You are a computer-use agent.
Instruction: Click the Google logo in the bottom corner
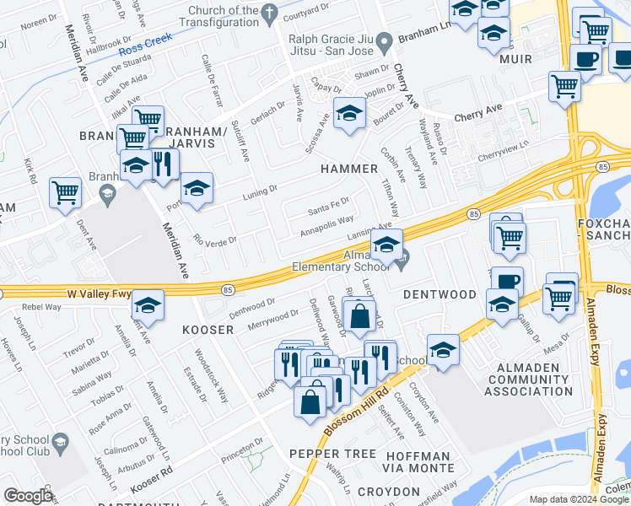(28, 496)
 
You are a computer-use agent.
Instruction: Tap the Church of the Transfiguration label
(212, 17)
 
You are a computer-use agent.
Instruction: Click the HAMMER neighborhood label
(349, 169)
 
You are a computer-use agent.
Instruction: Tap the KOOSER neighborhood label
(207, 330)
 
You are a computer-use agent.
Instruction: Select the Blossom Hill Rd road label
(354, 412)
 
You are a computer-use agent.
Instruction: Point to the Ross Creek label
(145, 44)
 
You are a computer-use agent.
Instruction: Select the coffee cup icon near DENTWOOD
(506, 281)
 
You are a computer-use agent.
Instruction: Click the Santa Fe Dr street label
(328, 210)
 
